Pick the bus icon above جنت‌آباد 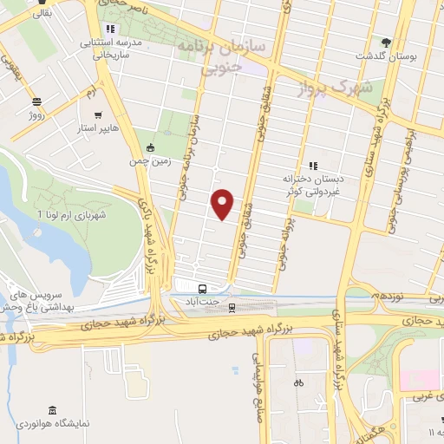[x=202, y=289]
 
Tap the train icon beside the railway [x=232, y=306]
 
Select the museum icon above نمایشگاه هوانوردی [x=53, y=409]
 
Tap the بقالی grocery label [x=40, y=15]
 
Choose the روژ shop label [x=36, y=114]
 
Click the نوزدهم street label [x=387, y=296]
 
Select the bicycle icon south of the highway [x=298, y=382]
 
